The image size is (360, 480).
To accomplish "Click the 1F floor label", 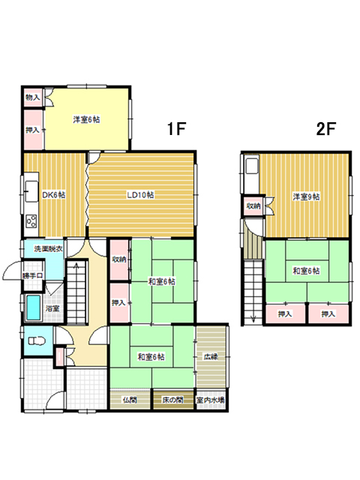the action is [x=177, y=128].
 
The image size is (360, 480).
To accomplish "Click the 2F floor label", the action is [x=326, y=128].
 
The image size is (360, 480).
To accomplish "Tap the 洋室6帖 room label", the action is [x=86, y=119].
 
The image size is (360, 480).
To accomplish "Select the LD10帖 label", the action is [x=140, y=195].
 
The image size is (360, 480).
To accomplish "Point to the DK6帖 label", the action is [x=53, y=195].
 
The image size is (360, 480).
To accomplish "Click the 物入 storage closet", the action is [x=33, y=98].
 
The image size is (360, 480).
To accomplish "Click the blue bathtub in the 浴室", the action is [x=33, y=307].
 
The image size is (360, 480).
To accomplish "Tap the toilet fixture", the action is [x=37, y=340].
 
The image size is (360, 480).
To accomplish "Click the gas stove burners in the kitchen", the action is [x=31, y=221].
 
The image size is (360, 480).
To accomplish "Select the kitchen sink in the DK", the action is [x=31, y=191].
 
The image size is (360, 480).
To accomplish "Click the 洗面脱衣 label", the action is [x=48, y=249].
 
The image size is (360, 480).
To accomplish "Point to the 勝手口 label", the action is [x=32, y=275].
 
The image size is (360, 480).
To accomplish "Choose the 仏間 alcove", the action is [x=130, y=400].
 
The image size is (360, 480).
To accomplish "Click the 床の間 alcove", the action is [x=173, y=400].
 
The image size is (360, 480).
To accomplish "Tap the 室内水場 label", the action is [x=211, y=400].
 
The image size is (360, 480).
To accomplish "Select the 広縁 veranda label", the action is [x=211, y=357].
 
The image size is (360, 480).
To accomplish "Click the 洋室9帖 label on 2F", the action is [x=307, y=196].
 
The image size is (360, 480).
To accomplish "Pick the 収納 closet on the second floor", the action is [x=253, y=206].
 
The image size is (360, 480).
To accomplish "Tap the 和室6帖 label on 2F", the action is [x=307, y=271].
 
